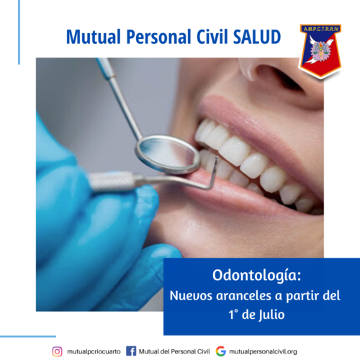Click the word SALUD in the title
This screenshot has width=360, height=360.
coord(257,37)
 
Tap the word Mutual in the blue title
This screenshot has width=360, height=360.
coord(94,37)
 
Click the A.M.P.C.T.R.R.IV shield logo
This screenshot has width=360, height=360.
coord(320,51)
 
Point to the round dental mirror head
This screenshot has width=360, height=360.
coord(168,154)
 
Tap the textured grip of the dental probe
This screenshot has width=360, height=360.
coord(112,182)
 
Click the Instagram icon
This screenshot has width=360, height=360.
coord(57,351)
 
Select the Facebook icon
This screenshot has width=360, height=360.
coord(131,351)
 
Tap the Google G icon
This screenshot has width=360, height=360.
coord(221,351)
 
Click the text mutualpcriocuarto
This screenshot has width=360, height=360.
coord(94,351)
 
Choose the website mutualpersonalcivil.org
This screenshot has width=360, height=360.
coord(263,351)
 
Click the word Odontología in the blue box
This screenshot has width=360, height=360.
coord(256,275)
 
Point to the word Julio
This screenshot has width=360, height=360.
coord(271,315)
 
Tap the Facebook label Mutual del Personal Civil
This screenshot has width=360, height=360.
coord(174,351)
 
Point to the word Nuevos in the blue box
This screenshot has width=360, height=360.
coord(191,295)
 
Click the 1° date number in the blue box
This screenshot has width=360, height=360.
coord(233,315)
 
